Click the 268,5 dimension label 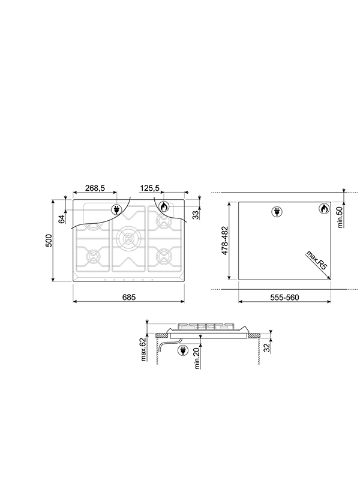(95, 188)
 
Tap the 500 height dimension (50, 240)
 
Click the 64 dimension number (61, 219)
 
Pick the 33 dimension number (196, 215)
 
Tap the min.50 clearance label (340, 217)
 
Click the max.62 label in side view (144, 350)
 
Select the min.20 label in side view (196, 359)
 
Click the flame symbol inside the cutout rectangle (323, 209)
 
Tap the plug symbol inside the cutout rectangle (277, 211)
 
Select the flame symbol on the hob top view (164, 206)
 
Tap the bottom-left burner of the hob (92, 257)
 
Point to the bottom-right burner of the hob (163, 257)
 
